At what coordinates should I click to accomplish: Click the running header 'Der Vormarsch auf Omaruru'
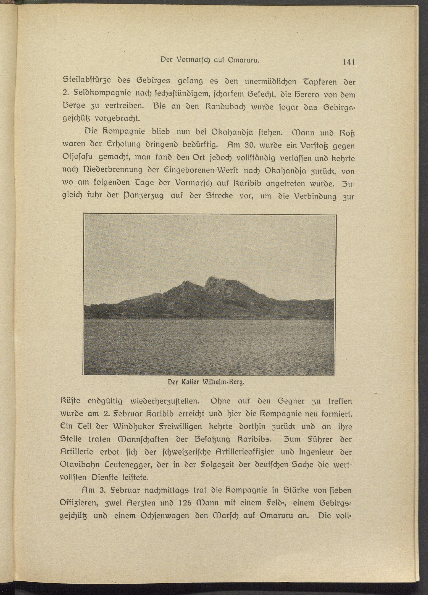point(210,60)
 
